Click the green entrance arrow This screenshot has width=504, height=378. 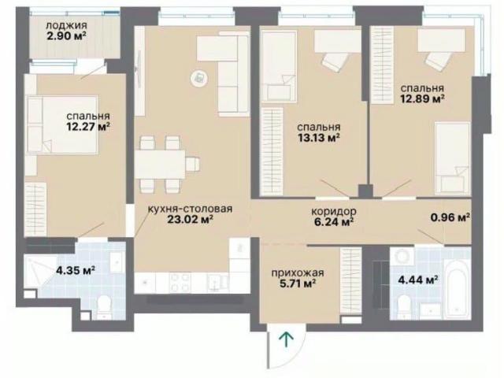point(286,339)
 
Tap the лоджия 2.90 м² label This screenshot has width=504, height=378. point(66,31)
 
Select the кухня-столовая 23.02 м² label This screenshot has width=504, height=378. point(190,214)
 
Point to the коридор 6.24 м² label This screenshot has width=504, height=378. point(334,217)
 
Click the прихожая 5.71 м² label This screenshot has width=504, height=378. point(298,278)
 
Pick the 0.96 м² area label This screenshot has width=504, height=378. point(450,217)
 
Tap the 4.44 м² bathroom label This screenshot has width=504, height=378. point(418,280)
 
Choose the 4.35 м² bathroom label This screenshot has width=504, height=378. point(76,270)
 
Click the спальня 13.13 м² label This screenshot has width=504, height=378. point(318,132)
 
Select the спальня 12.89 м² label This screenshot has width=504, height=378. point(422,93)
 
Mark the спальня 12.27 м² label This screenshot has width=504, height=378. point(88,121)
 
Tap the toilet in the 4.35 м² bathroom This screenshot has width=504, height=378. point(103,308)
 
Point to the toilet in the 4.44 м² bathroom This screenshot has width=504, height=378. point(403,306)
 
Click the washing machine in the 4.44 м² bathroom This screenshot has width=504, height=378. point(401,258)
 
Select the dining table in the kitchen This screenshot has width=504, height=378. point(160,165)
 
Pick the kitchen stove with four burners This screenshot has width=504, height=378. point(180,283)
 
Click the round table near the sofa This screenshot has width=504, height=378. point(198,78)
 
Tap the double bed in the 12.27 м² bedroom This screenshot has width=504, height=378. point(62,124)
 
